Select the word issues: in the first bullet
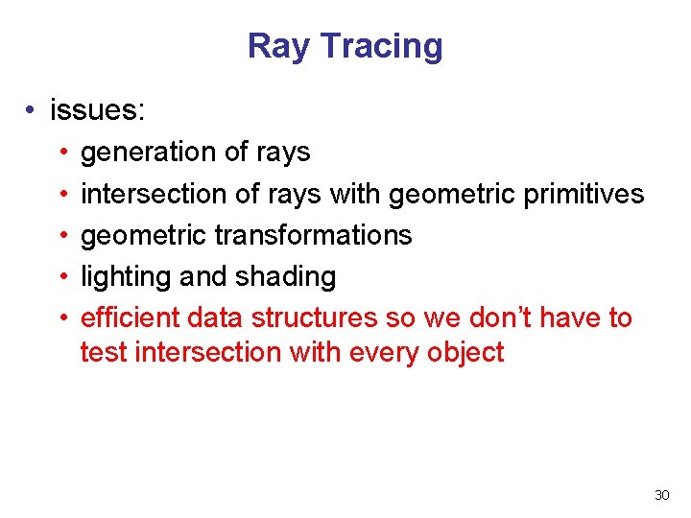(x=98, y=110)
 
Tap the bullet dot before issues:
(x=32, y=111)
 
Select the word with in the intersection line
(x=356, y=194)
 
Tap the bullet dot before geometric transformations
(x=61, y=236)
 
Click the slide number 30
(x=661, y=495)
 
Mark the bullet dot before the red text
(x=61, y=318)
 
